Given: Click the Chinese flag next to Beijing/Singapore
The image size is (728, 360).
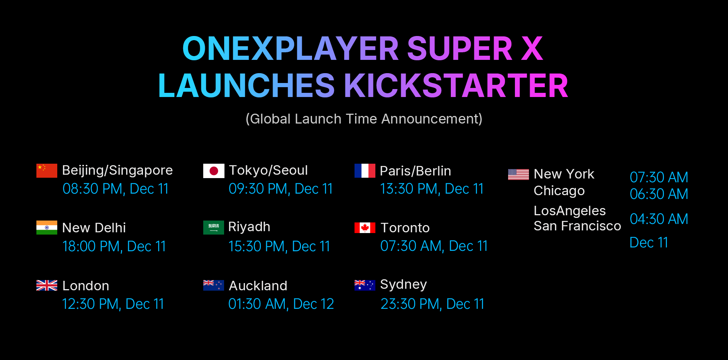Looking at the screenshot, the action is (x=47, y=171).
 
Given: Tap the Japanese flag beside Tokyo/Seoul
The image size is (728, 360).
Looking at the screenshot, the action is (x=213, y=171).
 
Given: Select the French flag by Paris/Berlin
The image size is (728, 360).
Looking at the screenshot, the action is (x=365, y=171).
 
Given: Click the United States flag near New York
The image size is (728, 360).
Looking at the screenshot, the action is (x=518, y=174).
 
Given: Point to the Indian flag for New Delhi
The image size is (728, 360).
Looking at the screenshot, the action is (x=47, y=227).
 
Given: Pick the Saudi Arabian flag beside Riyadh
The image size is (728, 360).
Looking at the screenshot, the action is (x=213, y=227).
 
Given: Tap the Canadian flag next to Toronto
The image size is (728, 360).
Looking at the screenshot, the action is (x=365, y=228).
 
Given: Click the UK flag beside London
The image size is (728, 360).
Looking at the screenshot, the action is (x=47, y=285).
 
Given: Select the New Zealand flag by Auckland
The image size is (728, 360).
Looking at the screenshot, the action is (x=213, y=285).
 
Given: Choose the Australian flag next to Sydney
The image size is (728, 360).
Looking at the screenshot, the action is (x=365, y=285).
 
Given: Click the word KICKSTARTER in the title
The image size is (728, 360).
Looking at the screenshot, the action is (x=456, y=86).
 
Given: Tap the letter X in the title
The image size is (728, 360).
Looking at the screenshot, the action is (x=532, y=49).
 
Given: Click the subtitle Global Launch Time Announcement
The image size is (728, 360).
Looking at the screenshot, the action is (x=364, y=119).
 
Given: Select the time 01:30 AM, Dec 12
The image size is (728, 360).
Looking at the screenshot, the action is (x=281, y=304).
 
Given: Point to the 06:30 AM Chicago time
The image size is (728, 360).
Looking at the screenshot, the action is (x=659, y=194).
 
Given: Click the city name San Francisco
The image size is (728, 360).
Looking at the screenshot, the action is (x=577, y=226).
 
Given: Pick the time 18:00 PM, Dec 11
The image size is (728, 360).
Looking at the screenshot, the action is (x=114, y=246).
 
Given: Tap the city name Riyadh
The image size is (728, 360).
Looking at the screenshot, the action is (x=249, y=227).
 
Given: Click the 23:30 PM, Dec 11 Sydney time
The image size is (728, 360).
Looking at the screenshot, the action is (x=432, y=304).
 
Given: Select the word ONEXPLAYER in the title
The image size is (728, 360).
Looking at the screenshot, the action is (x=290, y=49).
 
